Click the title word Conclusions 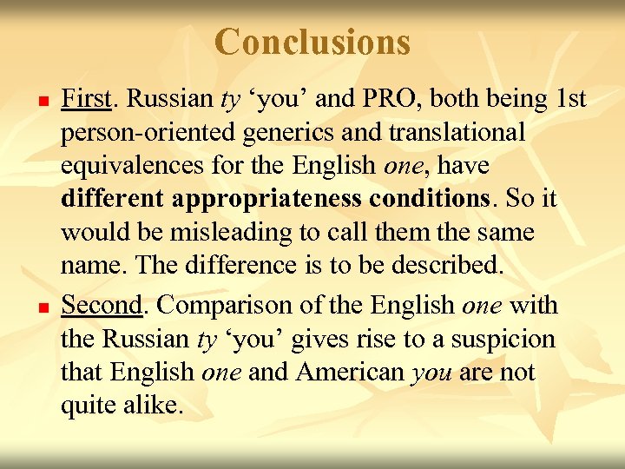click(312, 41)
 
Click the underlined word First click(86, 99)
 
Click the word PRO click(374, 99)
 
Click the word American click(352, 373)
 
